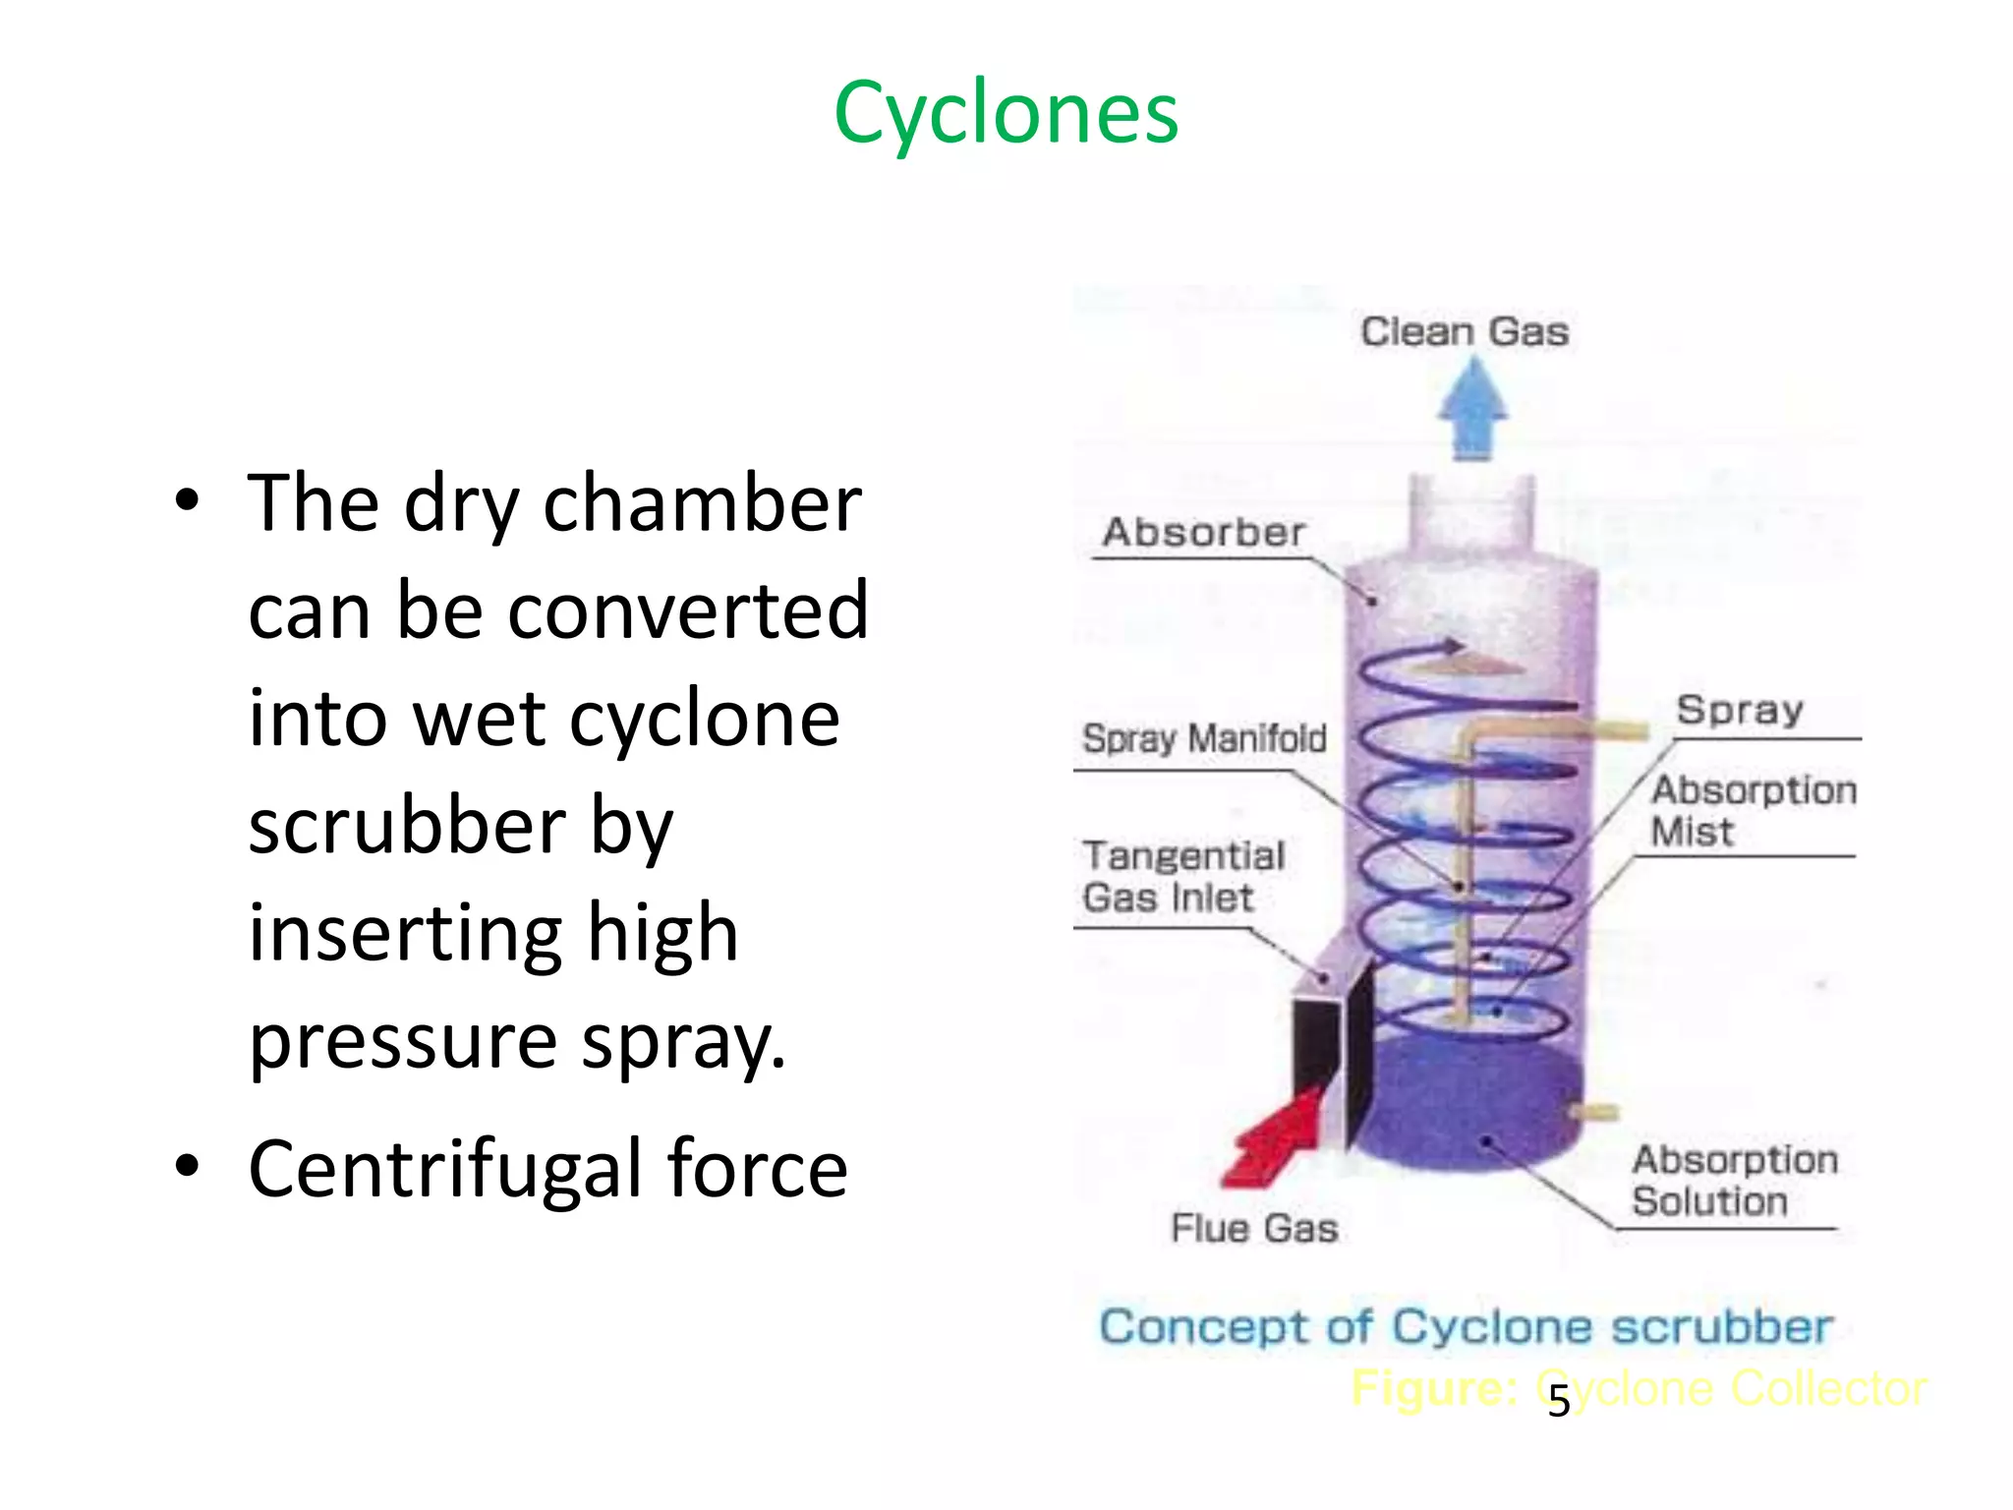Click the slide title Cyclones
pos(1006,114)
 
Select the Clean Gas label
pos(1464,331)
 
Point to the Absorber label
pos(1204,532)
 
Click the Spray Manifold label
pos(1204,738)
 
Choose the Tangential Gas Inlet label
pos(1182,876)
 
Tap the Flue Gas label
pos(1254,1228)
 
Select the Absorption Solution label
pos(1734,1181)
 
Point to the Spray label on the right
pos(1740,710)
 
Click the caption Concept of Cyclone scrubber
pos(1466,1326)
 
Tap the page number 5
pos(1559,1402)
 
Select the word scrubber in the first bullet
pos(407,826)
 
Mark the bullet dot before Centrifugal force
pos(187,1166)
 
